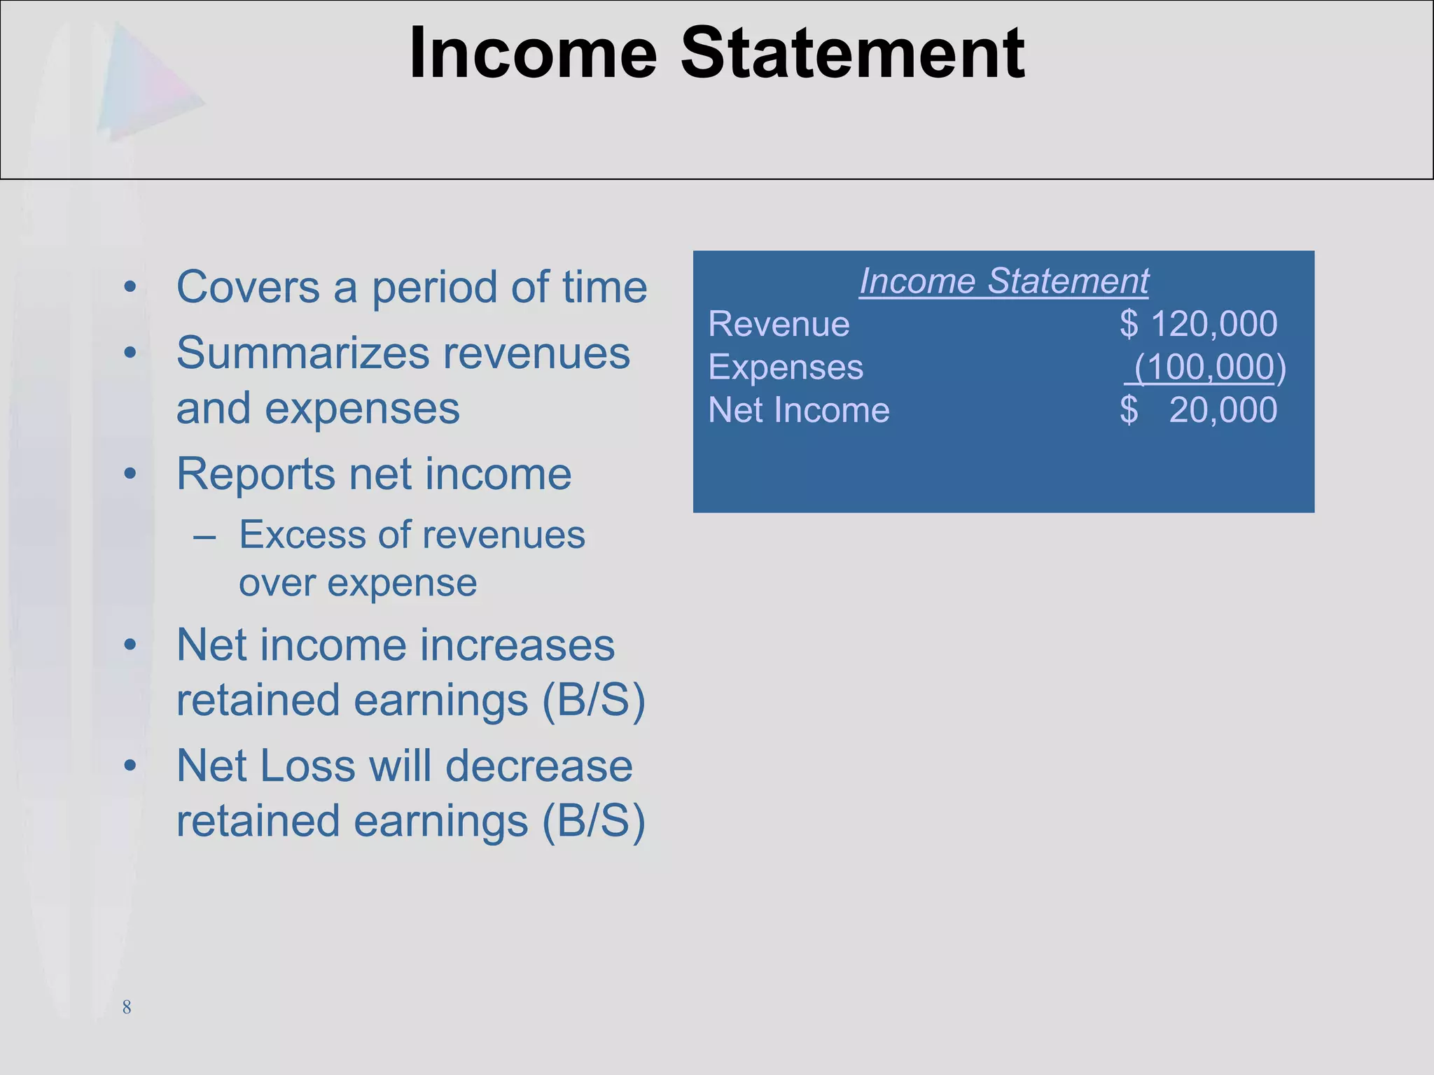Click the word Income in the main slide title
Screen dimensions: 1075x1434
point(533,53)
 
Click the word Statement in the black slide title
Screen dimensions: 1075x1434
point(852,53)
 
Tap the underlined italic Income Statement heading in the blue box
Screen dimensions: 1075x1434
point(1003,281)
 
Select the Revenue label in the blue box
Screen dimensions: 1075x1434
point(779,324)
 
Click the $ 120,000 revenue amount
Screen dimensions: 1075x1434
point(1199,324)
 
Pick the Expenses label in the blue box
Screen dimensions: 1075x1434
point(786,367)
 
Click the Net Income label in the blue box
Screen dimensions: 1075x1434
point(799,410)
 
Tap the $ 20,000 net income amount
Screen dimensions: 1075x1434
point(1199,410)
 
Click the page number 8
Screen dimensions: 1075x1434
point(127,1007)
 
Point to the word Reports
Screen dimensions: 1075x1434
point(256,474)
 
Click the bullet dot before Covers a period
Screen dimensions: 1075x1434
point(130,288)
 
